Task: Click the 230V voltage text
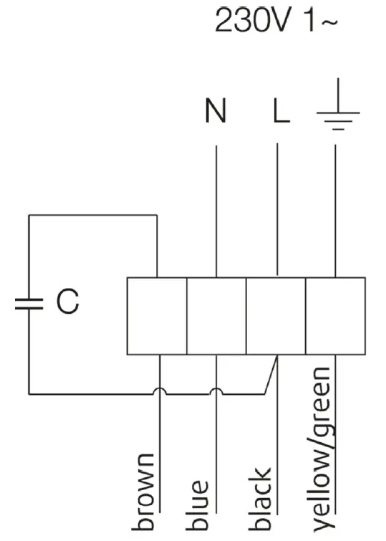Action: pyautogui.click(x=251, y=21)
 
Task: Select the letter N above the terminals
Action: pyautogui.click(x=215, y=113)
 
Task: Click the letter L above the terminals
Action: pyautogui.click(x=279, y=113)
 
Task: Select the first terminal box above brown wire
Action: pyautogui.click(x=157, y=315)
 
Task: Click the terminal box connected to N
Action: pyautogui.click(x=216, y=315)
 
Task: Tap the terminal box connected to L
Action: pyautogui.click(x=276, y=315)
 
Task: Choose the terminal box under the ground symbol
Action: pyautogui.click(x=335, y=315)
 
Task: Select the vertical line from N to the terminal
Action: pyautogui.click(x=216, y=208)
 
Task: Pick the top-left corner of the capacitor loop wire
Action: pyautogui.click(x=29, y=215)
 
